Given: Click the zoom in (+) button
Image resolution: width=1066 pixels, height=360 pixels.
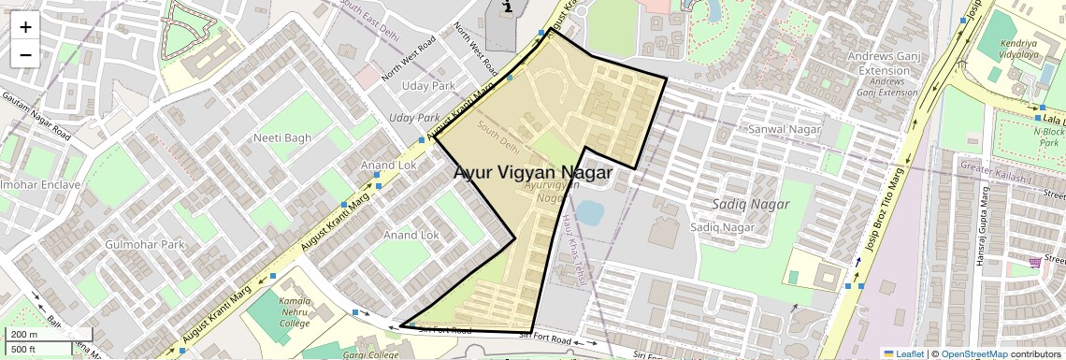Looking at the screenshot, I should point(25,27).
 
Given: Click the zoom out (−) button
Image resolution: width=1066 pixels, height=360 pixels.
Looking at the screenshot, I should point(25,54).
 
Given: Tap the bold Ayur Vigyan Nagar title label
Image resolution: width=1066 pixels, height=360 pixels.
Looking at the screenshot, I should point(533,173).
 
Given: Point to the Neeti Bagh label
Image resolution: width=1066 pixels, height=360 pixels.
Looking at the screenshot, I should point(282,138).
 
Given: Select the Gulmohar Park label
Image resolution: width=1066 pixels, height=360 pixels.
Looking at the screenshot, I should point(146,245).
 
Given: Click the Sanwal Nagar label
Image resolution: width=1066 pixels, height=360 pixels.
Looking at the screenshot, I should point(785,129).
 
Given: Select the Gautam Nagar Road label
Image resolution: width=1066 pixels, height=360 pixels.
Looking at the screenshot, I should point(36,115).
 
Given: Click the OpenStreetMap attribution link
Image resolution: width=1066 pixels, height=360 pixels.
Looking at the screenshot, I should point(974,354).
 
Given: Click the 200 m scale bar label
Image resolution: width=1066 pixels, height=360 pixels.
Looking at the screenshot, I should point(24,335).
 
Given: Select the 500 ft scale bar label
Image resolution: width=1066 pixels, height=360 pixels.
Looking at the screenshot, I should point(24,350).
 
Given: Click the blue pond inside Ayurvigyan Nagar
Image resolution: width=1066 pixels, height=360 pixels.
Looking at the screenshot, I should point(589,212).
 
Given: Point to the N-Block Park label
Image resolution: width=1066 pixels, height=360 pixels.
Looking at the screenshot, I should point(1049,137).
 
